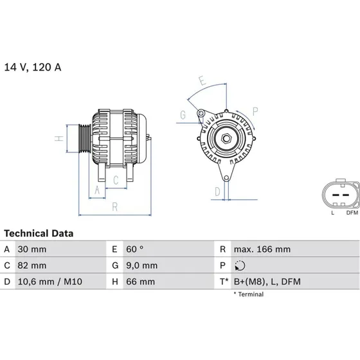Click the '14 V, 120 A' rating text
click(x=34, y=67)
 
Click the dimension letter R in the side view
click(x=114, y=206)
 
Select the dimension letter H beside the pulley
click(x=58, y=138)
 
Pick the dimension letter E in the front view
click(x=201, y=82)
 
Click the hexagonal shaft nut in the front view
click(x=228, y=139)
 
